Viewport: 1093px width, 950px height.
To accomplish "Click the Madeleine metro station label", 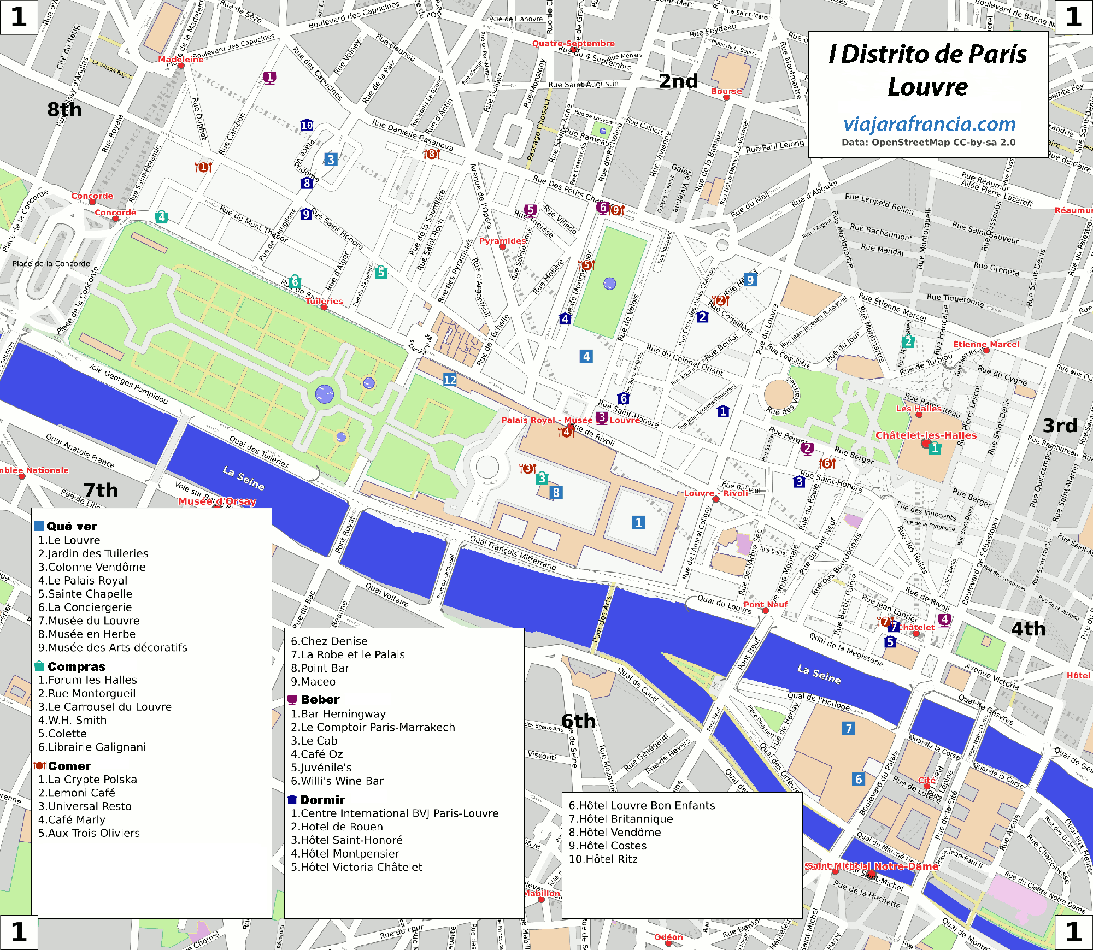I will [x=180, y=59].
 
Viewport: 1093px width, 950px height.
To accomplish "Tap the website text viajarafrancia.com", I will [x=929, y=125].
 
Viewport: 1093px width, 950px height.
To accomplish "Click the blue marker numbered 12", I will [x=450, y=380].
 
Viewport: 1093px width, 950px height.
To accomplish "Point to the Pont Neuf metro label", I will [x=765, y=604].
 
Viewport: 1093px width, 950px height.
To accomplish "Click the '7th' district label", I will [x=101, y=490].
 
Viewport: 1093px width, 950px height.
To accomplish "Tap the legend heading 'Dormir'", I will [x=322, y=800].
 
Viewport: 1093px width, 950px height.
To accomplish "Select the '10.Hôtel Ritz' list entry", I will [x=603, y=859].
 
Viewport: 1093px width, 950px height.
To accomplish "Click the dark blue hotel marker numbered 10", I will [x=307, y=125].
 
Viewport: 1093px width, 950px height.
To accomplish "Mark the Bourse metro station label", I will [x=726, y=91].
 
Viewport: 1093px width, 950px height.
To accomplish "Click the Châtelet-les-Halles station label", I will [x=926, y=435].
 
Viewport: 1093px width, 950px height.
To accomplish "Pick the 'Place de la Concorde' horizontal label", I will [x=51, y=263].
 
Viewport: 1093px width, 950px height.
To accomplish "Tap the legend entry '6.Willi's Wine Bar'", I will [x=337, y=781].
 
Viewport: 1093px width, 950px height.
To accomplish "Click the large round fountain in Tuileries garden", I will [x=325, y=393].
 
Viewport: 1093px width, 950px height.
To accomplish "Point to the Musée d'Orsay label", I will [x=217, y=501].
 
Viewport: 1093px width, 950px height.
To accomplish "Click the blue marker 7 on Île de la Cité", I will [x=848, y=728].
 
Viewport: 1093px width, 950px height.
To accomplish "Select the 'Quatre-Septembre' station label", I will [x=573, y=43].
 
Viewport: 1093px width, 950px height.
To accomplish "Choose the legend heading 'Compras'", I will [x=76, y=666].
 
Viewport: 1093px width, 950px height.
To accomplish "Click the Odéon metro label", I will [x=668, y=937].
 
